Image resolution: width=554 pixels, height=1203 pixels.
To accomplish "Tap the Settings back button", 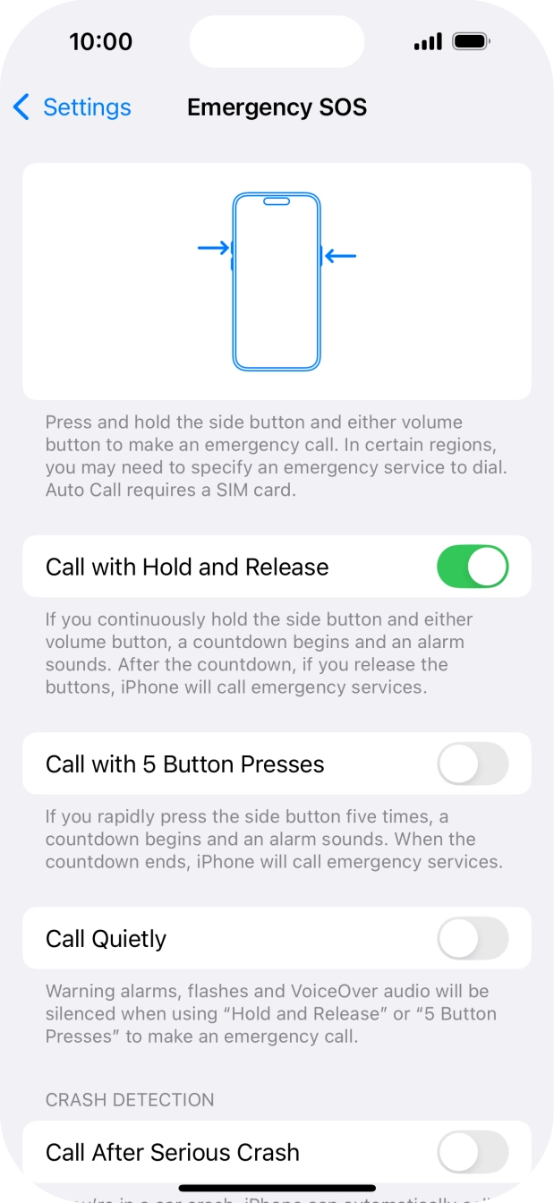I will [x=73, y=107].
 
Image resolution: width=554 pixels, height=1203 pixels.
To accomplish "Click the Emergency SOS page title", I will [x=277, y=107].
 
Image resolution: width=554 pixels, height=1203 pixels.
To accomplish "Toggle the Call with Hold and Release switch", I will [x=472, y=567].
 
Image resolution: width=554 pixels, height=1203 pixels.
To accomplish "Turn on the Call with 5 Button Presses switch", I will [x=472, y=764].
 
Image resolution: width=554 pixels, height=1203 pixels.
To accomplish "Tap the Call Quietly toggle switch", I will [x=472, y=939].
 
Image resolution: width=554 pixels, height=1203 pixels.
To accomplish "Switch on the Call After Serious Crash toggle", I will [x=472, y=1152].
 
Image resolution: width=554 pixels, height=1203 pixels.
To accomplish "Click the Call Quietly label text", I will [x=106, y=939].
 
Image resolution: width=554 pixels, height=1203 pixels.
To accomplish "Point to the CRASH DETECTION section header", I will [x=130, y=1099].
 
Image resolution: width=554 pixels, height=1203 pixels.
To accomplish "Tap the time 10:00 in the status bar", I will [x=100, y=42].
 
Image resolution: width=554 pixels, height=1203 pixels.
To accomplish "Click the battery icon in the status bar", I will [x=470, y=42].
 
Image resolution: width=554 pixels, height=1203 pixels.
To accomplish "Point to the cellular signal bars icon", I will [x=428, y=42].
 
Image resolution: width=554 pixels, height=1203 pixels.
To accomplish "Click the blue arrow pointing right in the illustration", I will [x=213, y=247].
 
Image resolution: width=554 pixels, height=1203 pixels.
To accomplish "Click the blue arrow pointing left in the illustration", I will [x=341, y=256].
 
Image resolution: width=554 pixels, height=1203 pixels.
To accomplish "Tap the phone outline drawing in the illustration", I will [x=277, y=281].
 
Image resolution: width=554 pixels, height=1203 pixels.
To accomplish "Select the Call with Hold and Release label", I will [x=187, y=567].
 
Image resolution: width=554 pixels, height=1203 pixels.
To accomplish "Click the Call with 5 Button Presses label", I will [x=184, y=764].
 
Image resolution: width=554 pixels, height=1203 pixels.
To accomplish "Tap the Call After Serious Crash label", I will [x=172, y=1152].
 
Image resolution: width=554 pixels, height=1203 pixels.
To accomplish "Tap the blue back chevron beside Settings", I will [x=21, y=107].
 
